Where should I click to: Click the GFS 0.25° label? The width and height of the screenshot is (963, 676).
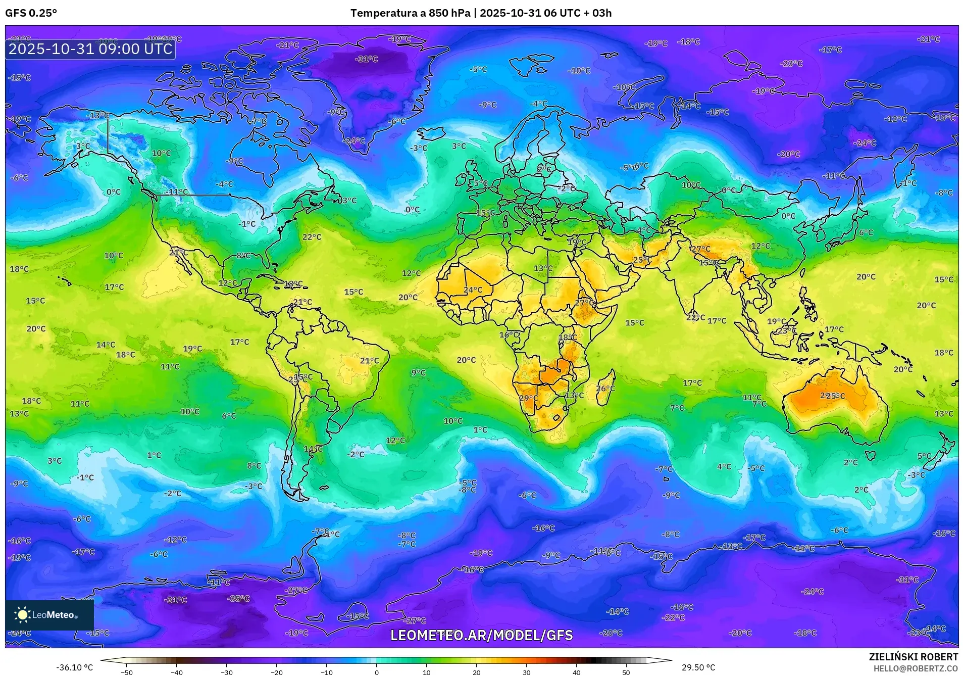31,13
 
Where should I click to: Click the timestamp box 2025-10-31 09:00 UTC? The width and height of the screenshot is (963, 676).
90,49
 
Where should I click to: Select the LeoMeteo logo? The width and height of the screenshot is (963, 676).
49,615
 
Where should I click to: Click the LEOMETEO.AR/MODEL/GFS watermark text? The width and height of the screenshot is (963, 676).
481,635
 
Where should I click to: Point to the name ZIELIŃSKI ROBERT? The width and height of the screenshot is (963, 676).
913,657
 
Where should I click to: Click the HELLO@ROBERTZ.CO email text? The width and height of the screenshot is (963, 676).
916,668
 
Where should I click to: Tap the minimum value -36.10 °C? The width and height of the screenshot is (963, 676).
74,667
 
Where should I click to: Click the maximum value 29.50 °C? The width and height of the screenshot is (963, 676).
698,667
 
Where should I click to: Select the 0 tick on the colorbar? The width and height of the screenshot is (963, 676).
376,672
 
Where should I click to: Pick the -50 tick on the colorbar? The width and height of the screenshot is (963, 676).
127,672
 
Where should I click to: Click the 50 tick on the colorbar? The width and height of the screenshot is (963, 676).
626,672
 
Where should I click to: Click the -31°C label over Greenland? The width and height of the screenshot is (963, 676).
367,59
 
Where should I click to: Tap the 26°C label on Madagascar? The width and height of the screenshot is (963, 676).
605,389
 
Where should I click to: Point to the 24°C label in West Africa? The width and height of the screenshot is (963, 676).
473,290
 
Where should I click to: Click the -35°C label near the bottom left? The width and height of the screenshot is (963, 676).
239,599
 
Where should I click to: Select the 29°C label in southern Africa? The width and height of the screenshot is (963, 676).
528,398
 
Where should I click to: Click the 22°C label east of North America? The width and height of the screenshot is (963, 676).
312,237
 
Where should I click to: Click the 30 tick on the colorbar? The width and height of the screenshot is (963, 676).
526,672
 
